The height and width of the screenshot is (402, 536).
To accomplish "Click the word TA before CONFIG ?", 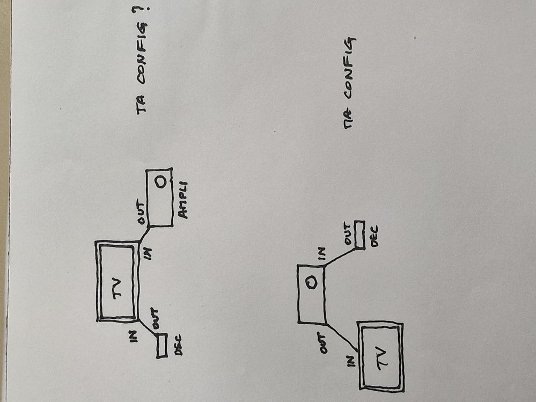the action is click(x=142, y=104).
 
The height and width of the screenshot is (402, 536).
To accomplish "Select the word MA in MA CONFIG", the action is click(x=349, y=119).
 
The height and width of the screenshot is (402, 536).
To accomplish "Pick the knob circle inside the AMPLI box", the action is click(x=159, y=182).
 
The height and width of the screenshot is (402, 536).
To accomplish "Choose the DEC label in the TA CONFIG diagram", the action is click(x=178, y=345).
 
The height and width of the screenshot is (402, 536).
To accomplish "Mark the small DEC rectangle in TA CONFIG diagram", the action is click(x=162, y=346).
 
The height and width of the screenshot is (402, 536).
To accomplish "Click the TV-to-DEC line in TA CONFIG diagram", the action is click(x=148, y=327).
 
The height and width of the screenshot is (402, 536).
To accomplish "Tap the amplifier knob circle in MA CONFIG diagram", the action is click(x=311, y=283).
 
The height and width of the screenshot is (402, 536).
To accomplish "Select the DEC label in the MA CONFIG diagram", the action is click(x=374, y=236).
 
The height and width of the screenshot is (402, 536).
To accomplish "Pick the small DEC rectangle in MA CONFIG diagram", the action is click(x=359, y=235).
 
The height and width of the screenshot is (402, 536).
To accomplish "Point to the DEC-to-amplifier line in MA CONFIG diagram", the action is click(x=340, y=257).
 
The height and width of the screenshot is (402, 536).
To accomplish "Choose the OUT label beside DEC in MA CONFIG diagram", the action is click(x=348, y=234).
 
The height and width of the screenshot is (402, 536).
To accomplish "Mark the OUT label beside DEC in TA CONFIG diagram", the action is click(x=155, y=318).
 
